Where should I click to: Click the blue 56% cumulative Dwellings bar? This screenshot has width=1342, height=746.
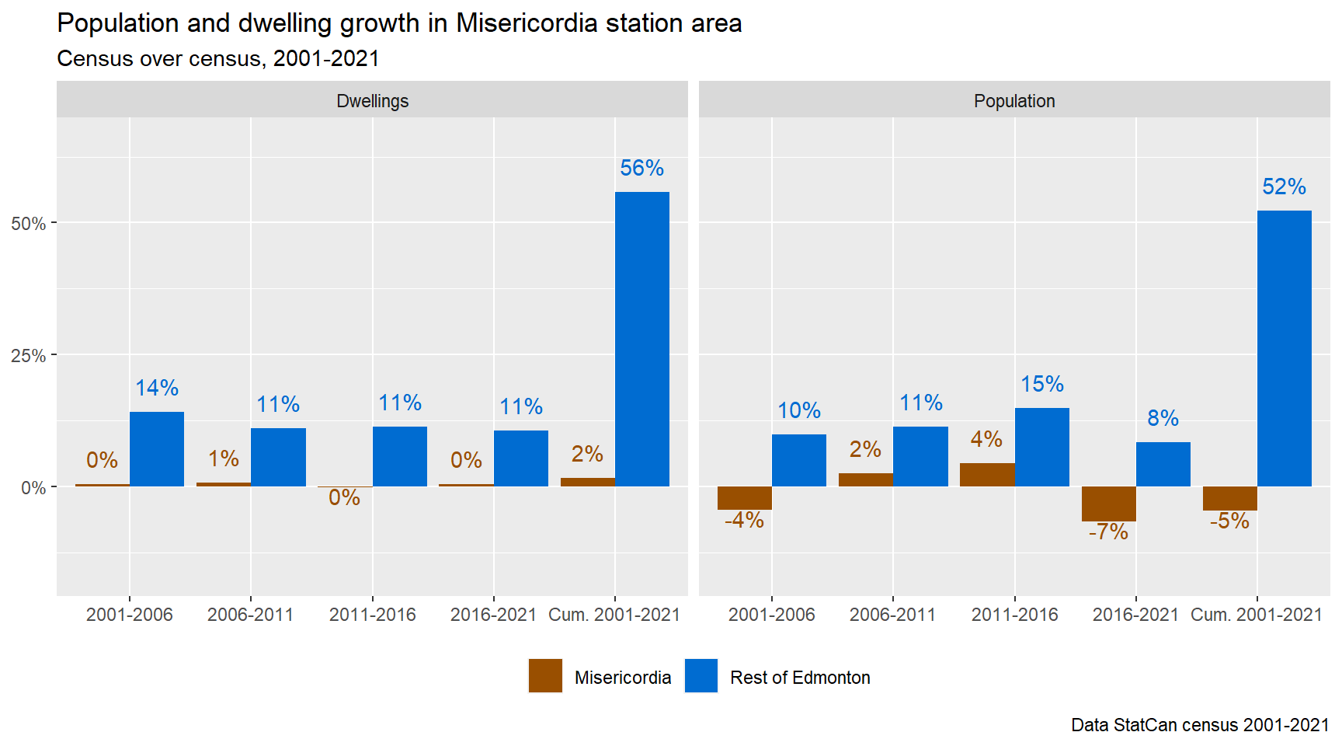tap(641, 339)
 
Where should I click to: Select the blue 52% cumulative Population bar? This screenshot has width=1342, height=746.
tap(1284, 348)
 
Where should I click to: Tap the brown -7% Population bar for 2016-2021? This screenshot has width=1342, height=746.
tap(1108, 504)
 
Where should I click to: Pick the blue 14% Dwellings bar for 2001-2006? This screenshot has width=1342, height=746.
tap(157, 449)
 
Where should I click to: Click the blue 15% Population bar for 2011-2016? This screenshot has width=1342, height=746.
tap(1041, 447)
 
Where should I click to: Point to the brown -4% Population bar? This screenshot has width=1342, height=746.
tap(744, 498)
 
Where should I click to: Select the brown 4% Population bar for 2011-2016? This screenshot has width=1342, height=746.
tap(987, 475)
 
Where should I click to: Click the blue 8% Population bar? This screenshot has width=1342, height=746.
tap(1163, 464)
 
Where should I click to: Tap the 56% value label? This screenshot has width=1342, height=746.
tap(641, 168)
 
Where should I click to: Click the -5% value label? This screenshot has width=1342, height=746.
tap(1229, 521)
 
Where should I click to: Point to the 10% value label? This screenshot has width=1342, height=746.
tap(799, 410)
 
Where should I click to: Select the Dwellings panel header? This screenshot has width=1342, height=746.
tap(372, 101)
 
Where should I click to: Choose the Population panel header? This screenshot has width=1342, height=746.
tap(1014, 101)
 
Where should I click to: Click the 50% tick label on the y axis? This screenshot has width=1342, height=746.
tap(29, 224)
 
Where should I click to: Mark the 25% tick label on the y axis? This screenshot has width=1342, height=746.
tap(29, 356)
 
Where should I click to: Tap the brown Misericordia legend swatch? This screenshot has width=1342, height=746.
tap(545, 676)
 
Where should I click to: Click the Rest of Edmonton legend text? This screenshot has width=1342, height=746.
tap(800, 678)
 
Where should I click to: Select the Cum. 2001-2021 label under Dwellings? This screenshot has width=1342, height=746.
tap(614, 615)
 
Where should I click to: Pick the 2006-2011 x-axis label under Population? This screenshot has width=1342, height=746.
tap(892, 615)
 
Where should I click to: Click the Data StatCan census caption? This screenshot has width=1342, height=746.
tap(1199, 725)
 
